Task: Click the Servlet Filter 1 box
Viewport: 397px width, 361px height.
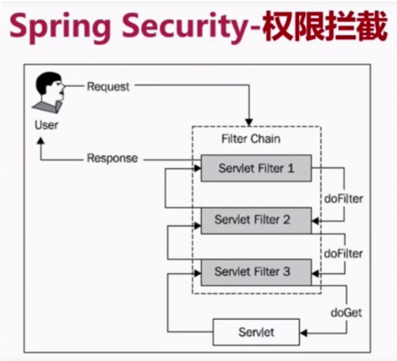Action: [256, 169]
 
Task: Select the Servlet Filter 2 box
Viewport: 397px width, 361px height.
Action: [256, 220]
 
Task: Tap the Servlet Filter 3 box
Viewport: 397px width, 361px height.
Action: [256, 272]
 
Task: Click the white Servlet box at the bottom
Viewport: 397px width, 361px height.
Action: [256, 333]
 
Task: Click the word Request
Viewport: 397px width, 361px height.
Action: [108, 86]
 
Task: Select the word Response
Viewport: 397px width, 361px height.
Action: [112, 158]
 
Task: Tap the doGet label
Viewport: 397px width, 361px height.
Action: [346, 312]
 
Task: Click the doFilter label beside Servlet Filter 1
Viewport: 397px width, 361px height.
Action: [343, 199]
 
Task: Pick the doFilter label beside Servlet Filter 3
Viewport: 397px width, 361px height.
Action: [343, 254]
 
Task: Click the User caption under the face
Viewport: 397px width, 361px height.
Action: [46, 125]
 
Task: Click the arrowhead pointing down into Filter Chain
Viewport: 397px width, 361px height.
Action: [249, 121]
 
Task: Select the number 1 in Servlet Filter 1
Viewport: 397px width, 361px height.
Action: [290, 169]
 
